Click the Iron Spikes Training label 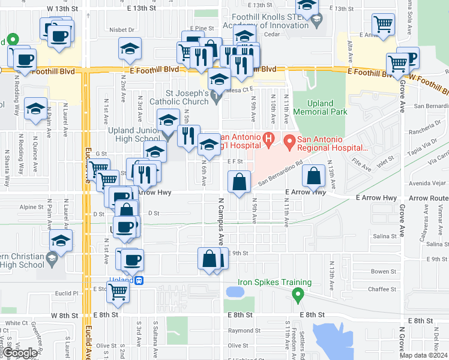274,283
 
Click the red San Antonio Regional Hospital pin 289,142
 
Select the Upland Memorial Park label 320,107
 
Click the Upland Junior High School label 134,134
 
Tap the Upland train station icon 139,280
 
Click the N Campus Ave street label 220,223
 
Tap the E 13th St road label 142,8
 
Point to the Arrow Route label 430,197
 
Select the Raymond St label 240,331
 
